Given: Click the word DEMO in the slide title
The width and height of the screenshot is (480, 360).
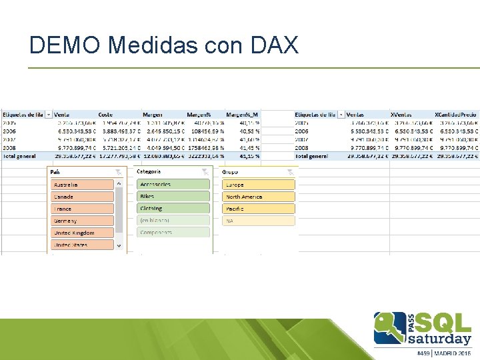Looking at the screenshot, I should click(x=65, y=45).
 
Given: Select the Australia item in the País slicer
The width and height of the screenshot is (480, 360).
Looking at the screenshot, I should click(x=83, y=185).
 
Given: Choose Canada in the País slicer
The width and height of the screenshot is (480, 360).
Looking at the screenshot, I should click(x=83, y=197).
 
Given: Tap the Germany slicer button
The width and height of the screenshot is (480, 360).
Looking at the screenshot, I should click(x=83, y=221).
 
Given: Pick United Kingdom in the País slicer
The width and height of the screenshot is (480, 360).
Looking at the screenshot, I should click(x=83, y=233).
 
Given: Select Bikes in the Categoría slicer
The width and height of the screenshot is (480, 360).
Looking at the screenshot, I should click(x=173, y=197).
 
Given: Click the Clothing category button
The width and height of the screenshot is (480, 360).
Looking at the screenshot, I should click(x=173, y=209).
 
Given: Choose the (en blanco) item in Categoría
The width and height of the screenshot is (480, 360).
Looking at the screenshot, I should click(x=173, y=220).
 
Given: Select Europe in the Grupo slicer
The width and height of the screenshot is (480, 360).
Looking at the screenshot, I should click(x=259, y=185).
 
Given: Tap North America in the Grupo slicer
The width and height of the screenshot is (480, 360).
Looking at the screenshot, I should click(x=259, y=197).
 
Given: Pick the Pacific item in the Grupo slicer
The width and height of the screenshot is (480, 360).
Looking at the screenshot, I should click(x=259, y=209).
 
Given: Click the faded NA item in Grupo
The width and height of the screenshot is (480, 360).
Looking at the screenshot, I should click(x=259, y=221).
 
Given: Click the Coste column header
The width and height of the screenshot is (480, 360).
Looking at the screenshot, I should click(x=105, y=115).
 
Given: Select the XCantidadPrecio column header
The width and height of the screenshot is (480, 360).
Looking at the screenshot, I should click(x=455, y=115).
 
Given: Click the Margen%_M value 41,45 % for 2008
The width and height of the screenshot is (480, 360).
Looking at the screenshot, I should click(x=249, y=147).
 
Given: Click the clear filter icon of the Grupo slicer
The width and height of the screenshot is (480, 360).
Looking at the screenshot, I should click(x=290, y=172).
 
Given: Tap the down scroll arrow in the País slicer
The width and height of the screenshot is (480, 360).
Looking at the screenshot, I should click(x=120, y=245).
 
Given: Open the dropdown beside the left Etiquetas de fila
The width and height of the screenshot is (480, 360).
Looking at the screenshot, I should click(x=49, y=115).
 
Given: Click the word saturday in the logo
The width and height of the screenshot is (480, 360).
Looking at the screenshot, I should click(x=434, y=338).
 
